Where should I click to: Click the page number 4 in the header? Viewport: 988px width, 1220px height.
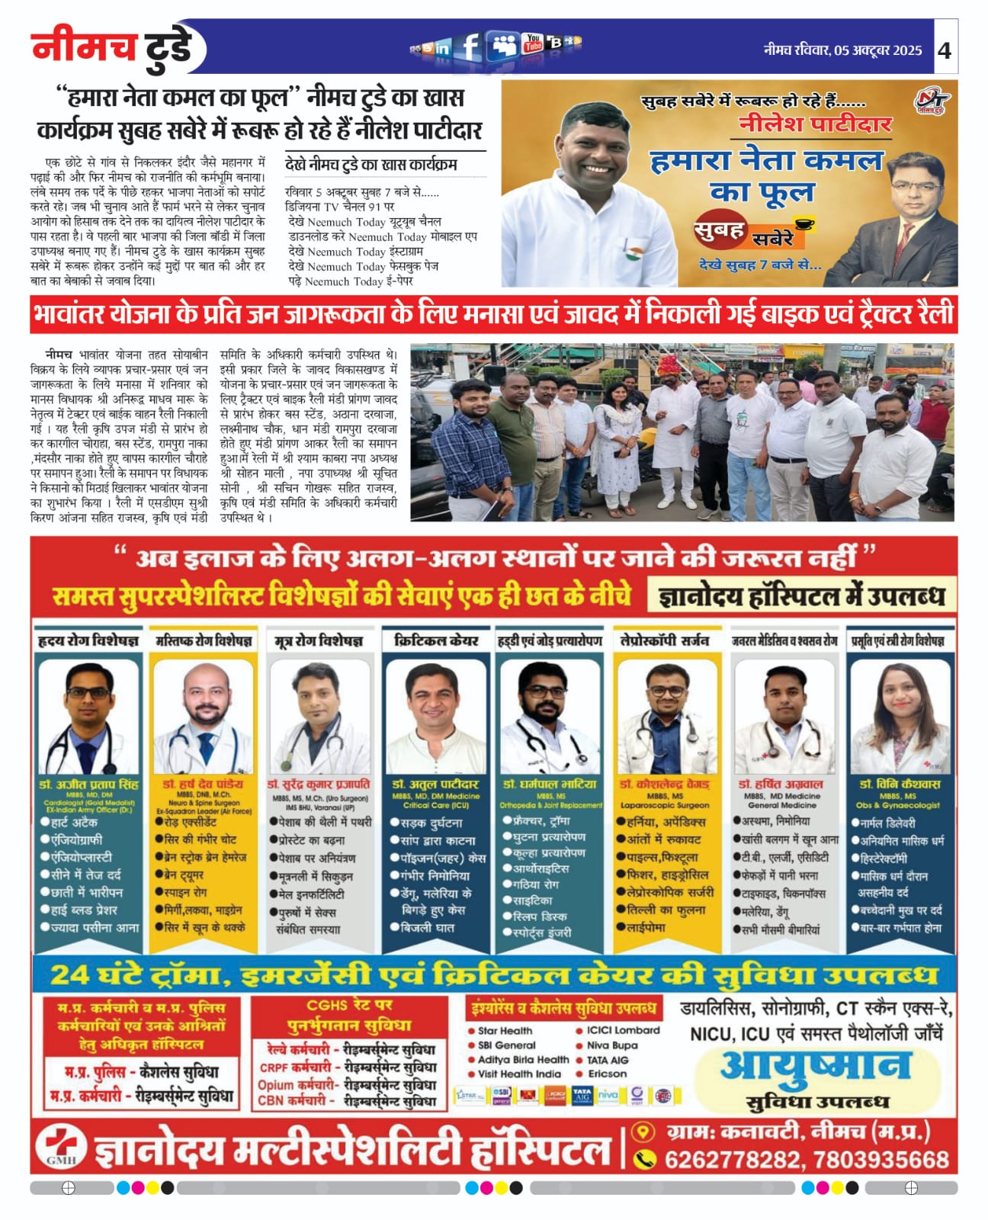945,50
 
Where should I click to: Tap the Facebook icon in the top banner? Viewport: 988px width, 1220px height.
470,47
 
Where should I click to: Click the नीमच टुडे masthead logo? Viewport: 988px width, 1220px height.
113,47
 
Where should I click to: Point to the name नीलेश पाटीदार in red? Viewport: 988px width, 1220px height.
815,125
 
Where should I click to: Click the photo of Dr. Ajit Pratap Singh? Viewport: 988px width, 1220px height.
88,717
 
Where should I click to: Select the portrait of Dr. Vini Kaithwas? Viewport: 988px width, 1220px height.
900,717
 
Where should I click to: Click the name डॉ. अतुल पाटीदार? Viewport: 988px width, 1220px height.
435,784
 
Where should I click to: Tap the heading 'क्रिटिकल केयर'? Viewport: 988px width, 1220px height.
436,640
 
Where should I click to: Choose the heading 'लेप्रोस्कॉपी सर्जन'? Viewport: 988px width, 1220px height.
664,640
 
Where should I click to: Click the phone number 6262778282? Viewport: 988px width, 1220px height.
732,1160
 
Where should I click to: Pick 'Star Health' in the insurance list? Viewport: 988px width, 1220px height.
505,1031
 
